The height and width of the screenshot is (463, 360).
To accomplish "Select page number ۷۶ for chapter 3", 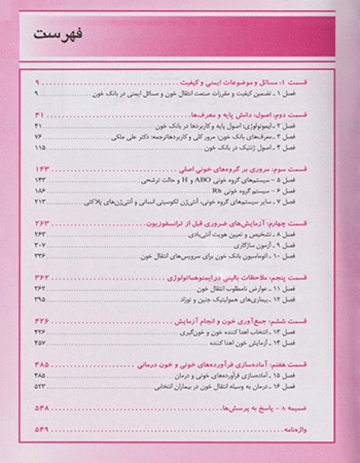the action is [x=40, y=137].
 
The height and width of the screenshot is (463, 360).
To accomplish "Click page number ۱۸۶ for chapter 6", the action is [x=40, y=189].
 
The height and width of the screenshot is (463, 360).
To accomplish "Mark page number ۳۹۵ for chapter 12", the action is [x=40, y=300].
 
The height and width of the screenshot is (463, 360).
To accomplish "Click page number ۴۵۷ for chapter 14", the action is [x=40, y=342].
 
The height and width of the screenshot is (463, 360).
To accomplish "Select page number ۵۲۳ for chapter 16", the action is [x=40, y=386].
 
